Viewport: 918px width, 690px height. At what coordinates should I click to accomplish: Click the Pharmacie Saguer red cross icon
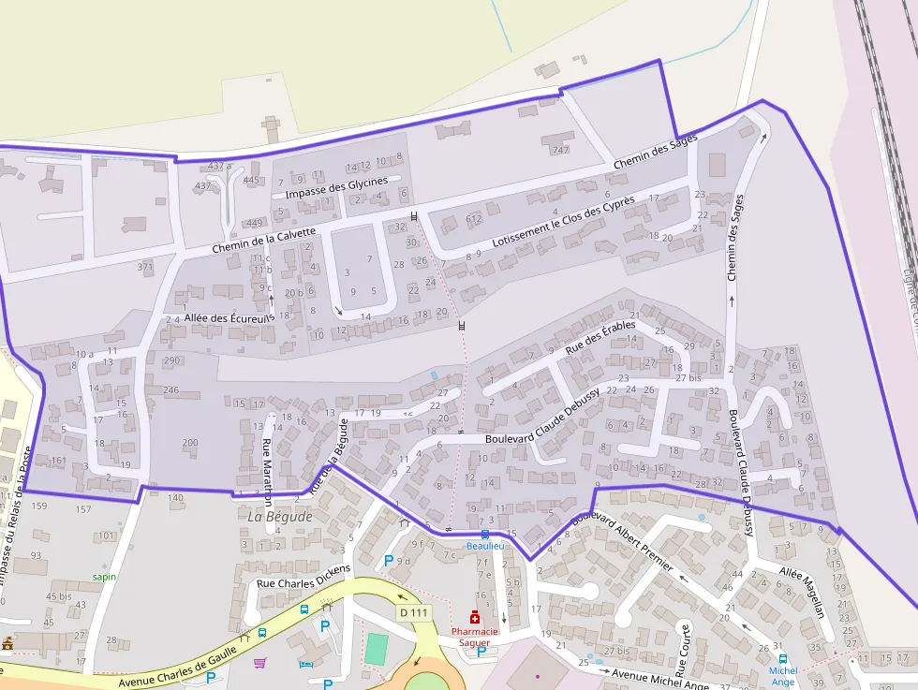pos(475,617)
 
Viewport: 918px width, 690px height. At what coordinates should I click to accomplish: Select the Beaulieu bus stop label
pos(485,545)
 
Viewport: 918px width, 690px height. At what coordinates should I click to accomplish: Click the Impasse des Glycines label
pos(336,187)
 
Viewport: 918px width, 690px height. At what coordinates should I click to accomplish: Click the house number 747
pos(561,150)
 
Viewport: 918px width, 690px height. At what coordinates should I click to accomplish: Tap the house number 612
pos(473,218)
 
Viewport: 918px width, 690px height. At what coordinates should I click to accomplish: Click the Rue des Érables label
pos(600,337)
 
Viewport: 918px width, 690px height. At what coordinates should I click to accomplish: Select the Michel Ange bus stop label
pos(783,676)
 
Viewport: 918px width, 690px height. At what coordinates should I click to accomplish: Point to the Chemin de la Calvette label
pos(263,241)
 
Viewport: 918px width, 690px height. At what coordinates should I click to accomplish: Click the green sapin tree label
pos(104,577)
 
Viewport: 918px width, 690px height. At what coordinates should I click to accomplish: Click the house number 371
pos(144,267)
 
